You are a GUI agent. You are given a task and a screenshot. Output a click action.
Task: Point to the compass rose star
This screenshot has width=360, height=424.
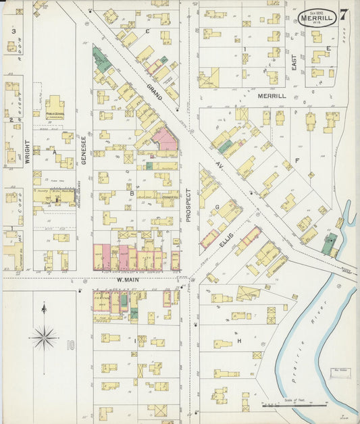44,336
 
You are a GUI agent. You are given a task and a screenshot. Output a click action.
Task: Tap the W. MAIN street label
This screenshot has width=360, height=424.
126,280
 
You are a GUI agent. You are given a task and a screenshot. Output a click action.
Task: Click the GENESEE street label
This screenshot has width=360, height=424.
84,147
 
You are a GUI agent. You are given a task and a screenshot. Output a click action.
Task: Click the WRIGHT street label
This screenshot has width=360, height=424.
28,152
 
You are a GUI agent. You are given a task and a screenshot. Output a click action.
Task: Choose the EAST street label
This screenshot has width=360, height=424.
294,63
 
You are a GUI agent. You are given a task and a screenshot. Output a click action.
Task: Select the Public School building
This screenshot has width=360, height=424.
55,108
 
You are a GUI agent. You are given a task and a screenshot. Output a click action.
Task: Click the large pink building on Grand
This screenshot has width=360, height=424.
165,140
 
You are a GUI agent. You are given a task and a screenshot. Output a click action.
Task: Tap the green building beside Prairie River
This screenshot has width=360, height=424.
329,244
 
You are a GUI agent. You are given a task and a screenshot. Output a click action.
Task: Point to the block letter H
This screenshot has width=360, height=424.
239,341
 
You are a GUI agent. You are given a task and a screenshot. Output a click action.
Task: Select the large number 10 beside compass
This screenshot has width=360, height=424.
70,346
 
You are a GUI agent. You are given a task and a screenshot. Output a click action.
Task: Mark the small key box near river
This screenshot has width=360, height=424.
339,371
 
